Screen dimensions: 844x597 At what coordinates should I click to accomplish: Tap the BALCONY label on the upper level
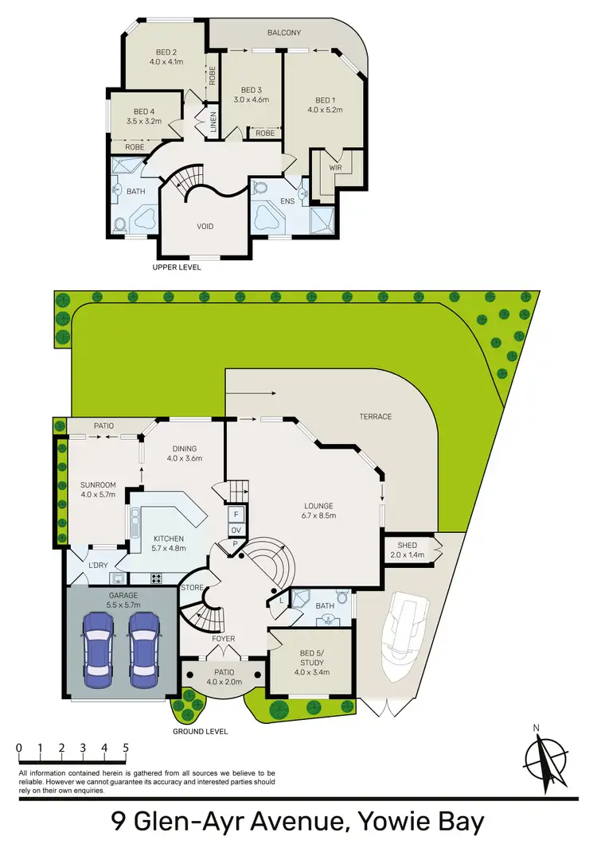[283, 33]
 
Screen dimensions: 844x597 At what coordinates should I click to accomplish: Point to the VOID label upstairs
[205, 226]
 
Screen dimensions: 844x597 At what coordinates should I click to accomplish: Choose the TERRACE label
[375, 416]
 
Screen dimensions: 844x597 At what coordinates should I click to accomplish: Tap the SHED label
[407, 544]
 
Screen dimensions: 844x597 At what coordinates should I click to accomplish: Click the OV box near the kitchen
[236, 530]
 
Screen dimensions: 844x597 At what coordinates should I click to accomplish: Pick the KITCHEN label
[168, 539]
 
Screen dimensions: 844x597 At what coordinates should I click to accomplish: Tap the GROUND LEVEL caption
[201, 731]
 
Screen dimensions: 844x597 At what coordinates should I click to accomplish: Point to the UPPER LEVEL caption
[177, 267]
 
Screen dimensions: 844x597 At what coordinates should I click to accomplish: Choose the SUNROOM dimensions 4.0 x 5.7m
[99, 495]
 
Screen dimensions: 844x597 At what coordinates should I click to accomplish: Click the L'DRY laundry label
[99, 565]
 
